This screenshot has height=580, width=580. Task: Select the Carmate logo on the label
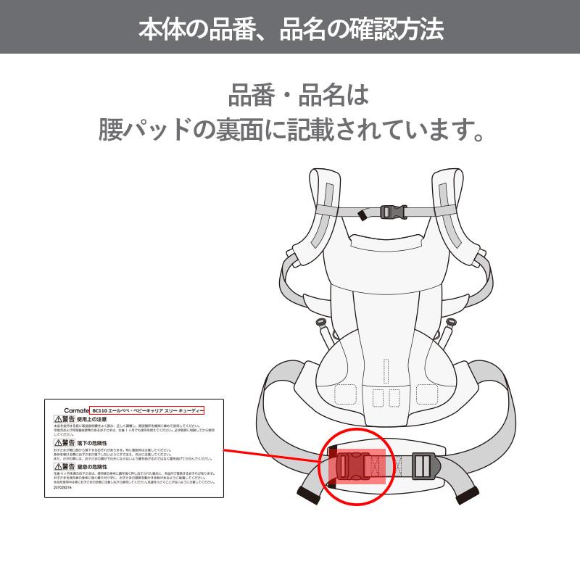click(68, 410)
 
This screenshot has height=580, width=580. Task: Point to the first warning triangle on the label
click(58, 419)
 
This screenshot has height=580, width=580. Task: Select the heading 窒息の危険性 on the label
click(92, 467)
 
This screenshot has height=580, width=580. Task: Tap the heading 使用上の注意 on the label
click(92, 419)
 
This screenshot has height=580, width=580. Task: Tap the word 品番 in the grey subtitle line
click(249, 95)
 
